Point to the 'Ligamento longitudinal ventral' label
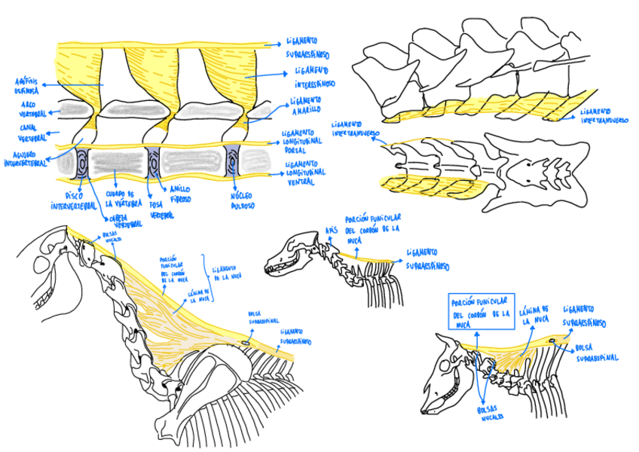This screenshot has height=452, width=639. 305,172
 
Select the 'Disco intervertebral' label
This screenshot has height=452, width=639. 73,200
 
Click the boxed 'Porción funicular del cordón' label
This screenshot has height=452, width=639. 482,309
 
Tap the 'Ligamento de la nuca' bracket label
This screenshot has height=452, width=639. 225,273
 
